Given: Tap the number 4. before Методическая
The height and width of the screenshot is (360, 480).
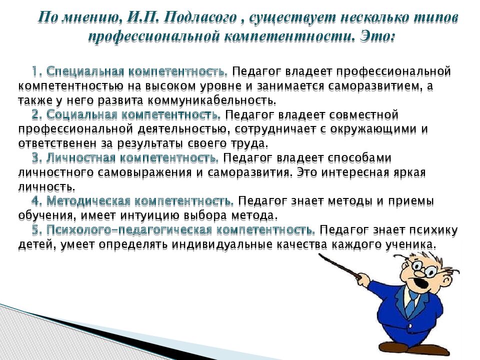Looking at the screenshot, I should pyautogui.click(x=36, y=201).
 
